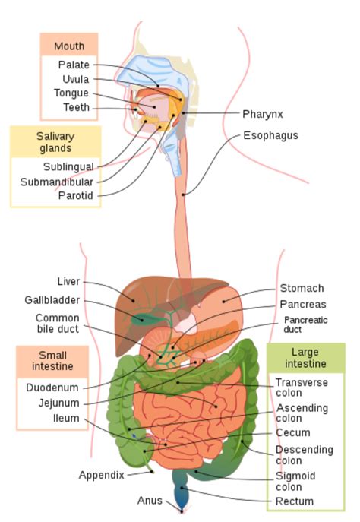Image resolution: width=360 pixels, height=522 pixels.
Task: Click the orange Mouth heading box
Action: tap(69, 44)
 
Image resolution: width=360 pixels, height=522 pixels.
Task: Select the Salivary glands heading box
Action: tap(56, 141)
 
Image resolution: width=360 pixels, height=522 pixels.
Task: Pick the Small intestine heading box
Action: tap(52, 361)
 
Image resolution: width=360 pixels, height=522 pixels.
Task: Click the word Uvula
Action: tap(75, 79)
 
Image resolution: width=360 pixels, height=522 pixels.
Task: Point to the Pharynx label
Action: tap(263, 114)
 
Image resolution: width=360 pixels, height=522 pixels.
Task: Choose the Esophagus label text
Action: tap(270, 136)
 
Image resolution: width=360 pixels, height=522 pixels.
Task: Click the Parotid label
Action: tap(76, 195)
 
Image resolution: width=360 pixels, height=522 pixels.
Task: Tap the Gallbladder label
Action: tap(52, 300)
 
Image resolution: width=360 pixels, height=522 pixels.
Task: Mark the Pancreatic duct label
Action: tap(306, 325)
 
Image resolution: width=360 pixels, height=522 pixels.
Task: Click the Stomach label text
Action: tap(302, 289)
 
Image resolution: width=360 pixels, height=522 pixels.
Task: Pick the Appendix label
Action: tap(101, 475)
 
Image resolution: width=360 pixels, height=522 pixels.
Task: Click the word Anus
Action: tap(149, 501)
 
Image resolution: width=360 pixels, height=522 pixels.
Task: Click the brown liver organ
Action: tap(144, 300)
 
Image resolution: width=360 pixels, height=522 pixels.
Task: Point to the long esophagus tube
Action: tap(184, 228)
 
